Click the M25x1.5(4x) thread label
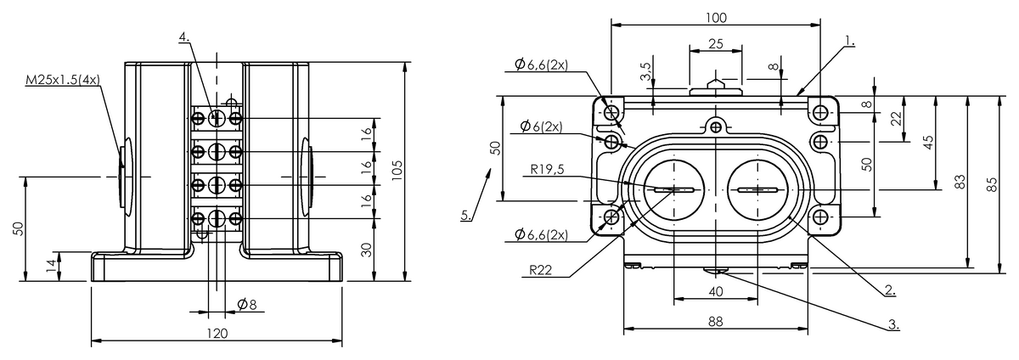(63, 80)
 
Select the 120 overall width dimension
(217, 334)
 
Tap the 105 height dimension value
(397, 170)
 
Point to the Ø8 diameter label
(247, 304)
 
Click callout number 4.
(183, 37)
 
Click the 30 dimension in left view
(366, 250)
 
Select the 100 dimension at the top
(716, 18)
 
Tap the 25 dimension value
(716, 43)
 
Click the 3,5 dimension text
(646, 71)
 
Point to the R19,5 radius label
(547, 169)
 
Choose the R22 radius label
(540, 270)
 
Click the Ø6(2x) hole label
(541, 126)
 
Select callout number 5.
(466, 215)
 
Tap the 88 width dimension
(715, 322)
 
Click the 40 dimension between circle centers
(716, 291)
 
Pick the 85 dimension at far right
(993, 184)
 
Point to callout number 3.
(894, 325)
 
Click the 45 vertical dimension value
(928, 142)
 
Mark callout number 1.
(850, 41)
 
